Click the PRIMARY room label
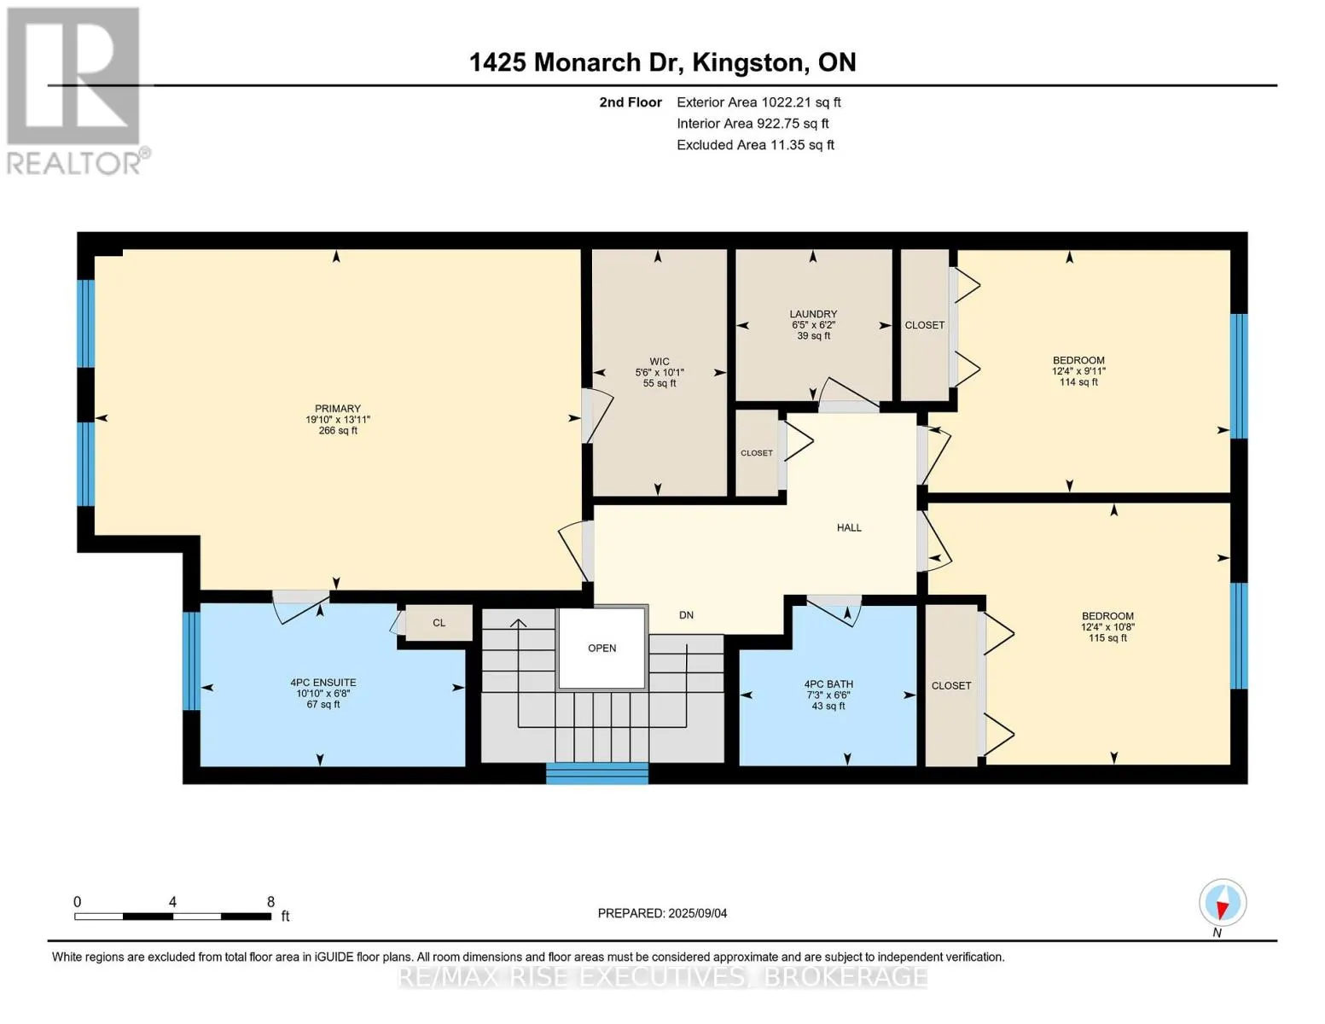[x=337, y=409]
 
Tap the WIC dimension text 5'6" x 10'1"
[x=660, y=372]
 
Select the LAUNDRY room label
[x=813, y=314]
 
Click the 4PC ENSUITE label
[x=323, y=683]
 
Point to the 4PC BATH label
[x=828, y=684]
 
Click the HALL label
[x=849, y=527]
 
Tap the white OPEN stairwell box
[x=601, y=648]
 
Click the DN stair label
[x=686, y=614]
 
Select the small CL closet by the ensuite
[x=439, y=623]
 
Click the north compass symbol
[x=1222, y=903]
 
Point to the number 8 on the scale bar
[x=270, y=901]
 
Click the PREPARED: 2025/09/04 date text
[x=661, y=913]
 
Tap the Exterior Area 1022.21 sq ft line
[x=758, y=102]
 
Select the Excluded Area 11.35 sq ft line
[x=755, y=144]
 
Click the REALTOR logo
[x=76, y=91]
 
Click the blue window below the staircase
[x=597, y=773]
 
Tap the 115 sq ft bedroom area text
[x=1107, y=638]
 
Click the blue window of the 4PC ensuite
[x=191, y=661]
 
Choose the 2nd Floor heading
[x=631, y=102]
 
